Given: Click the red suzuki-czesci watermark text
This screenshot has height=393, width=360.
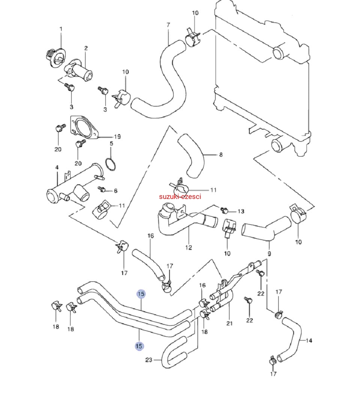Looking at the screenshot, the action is pyautogui.click(x=180, y=197).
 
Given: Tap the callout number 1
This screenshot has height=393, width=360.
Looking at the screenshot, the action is pyautogui.click(x=61, y=29).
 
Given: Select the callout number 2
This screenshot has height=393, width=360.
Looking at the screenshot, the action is pyautogui.click(x=86, y=48).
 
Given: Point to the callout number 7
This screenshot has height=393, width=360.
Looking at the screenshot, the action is pyautogui.click(x=168, y=25).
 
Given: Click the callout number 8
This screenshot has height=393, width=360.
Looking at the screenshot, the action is pyautogui.click(x=221, y=155).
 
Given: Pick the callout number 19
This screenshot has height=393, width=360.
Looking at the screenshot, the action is pyautogui.click(x=117, y=137).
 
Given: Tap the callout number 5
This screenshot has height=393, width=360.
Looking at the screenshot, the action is pyautogui.click(x=111, y=143).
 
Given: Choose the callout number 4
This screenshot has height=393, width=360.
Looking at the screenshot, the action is pyautogui.click(x=57, y=167).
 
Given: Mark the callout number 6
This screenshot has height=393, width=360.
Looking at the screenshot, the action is pyautogui.click(x=115, y=191).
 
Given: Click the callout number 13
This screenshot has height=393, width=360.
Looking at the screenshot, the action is pyautogui.click(x=241, y=211).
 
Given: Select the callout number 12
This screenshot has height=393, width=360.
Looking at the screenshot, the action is pyautogui.click(x=188, y=248).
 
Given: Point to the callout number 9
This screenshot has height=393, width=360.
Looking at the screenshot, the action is pyautogui.click(x=269, y=254).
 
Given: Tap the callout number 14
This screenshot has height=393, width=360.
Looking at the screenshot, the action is pyautogui.click(x=309, y=341).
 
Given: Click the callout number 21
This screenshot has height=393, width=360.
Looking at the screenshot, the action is pyautogui.click(x=229, y=323).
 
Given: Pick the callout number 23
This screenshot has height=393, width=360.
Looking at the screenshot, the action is pyautogui.click(x=149, y=360).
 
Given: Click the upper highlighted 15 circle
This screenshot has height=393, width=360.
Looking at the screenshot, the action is pyautogui.click(x=141, y=294).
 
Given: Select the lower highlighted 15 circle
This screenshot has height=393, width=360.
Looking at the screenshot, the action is pyautogui.click(x=139, y=346).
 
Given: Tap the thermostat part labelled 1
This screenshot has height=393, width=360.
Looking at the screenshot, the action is pyautogui.click(x=56, y=58).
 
